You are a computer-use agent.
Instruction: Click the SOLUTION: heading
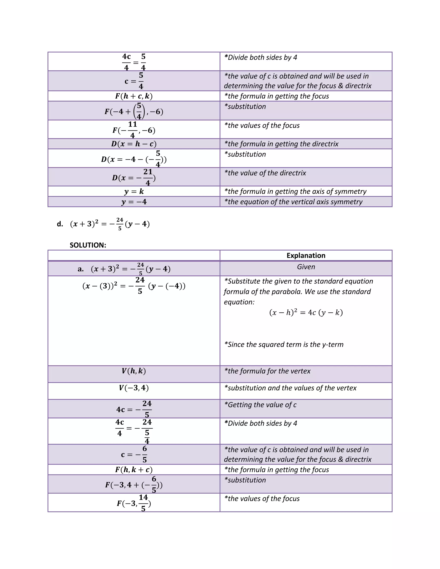[x=88, y=245]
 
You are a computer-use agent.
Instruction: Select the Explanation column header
[x=306, y=255]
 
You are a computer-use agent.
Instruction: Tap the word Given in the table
[x=306, y=267]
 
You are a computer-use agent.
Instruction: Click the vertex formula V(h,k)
[x=134, y=371]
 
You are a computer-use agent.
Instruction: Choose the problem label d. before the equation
[x=60, y=224]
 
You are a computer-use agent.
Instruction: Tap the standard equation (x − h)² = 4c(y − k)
[x=306, y=312]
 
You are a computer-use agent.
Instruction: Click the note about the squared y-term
[x=284, y=344]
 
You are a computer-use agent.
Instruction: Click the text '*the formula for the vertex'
[x=267, y=371]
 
